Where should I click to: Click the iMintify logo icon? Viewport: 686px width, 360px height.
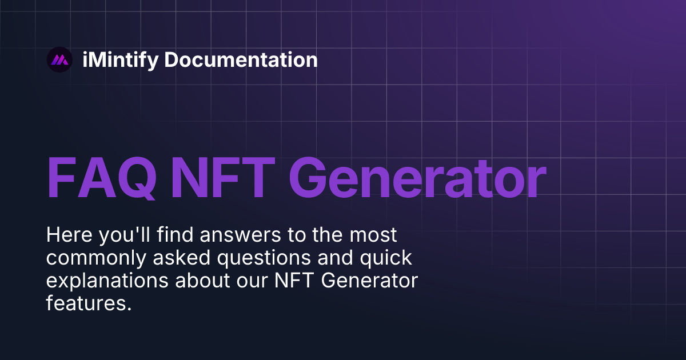[x=59, y=59]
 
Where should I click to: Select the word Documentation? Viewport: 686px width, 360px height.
[x=241, y=60]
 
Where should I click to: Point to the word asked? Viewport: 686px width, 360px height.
[x=171, y=258]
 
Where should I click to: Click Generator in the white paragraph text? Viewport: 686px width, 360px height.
[x=374, y=281]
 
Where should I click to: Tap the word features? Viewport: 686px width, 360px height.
[x=89, y=303]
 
